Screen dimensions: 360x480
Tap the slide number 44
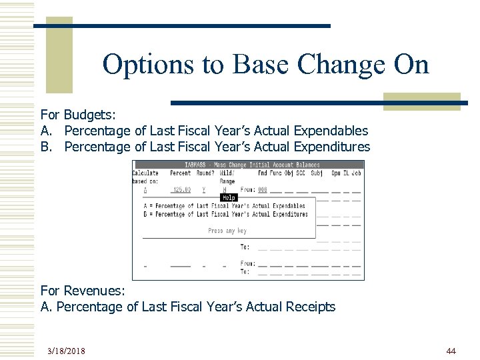click(x=451, y=351)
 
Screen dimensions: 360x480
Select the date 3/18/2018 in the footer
click(x=66, y=351)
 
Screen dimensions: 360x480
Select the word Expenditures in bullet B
click(x=333, y=147)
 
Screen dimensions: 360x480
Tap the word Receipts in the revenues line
click(x=310, y=307)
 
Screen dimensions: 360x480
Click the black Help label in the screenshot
click(x=229, y=197)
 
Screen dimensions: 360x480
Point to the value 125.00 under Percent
click(x=181, y=190)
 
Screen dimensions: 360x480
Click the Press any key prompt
click(x=227, y=231)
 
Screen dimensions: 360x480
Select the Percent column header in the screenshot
click(x=180, y=173)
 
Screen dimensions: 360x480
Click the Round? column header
click(x=204, y=173)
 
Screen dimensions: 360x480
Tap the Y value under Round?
click(x=203, y=190)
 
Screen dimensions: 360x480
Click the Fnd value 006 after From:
click(x=262, y=190)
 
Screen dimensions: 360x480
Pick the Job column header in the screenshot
click(x=356, y=173)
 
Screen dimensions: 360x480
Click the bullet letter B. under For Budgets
click(x=46, y=147)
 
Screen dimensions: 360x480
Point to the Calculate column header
click(x=145, y=173)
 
